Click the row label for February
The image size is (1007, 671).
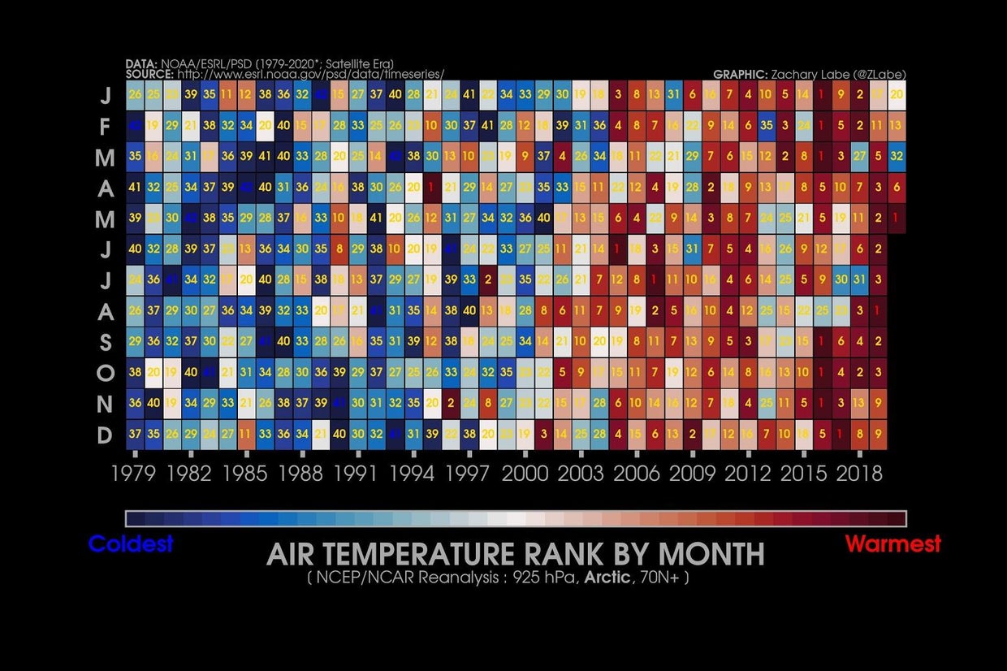coord(104,127)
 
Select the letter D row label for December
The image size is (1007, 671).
coord(104,435)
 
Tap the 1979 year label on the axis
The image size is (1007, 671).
coord(134,474)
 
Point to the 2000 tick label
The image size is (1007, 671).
coord(525,474)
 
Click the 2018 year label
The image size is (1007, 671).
coord(858,474)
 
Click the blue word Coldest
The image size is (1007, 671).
coord(131,543)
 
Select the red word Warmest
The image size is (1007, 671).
coord(893,543)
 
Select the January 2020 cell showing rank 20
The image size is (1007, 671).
coord(897,95)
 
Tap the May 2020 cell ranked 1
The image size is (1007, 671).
coord(897,219)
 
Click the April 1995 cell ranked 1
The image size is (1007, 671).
coord(431,188)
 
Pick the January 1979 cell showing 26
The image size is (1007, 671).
coord(134,95)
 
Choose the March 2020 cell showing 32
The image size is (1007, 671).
coord(897,157)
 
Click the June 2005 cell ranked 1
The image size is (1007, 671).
coord(618,249)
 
